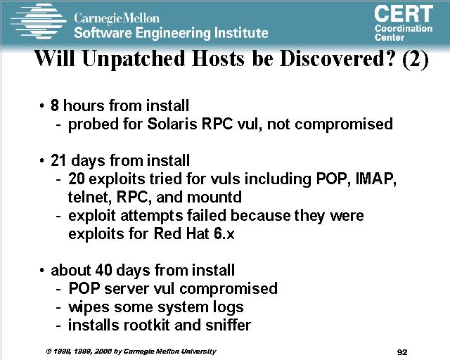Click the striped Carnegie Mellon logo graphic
point(39,21)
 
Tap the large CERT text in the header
point(404,14)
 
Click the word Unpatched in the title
point(134,59)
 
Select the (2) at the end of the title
point(416,60)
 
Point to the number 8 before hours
point(55,105)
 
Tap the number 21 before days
point(58,160)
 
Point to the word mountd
point(214,197)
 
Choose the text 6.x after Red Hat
point(224,233)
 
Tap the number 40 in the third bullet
point(103,270)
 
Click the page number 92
point(402,352)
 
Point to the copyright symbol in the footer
point(49,351)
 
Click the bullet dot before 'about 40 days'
point(42,271)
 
